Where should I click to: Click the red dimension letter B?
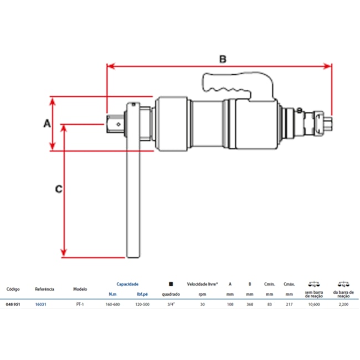(222, 58)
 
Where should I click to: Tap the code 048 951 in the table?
(14, 305)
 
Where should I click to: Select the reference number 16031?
(40, 305)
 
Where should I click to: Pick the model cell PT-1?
(80, 305)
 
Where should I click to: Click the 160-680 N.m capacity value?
(113, 305)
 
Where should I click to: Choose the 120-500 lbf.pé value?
(142, 305)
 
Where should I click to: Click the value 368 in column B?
(250, 305)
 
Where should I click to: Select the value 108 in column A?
(230, 305)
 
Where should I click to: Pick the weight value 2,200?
(344, 305)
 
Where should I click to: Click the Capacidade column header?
(127, 284)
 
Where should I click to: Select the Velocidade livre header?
(202, 284)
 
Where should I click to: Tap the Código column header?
(14, 289)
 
